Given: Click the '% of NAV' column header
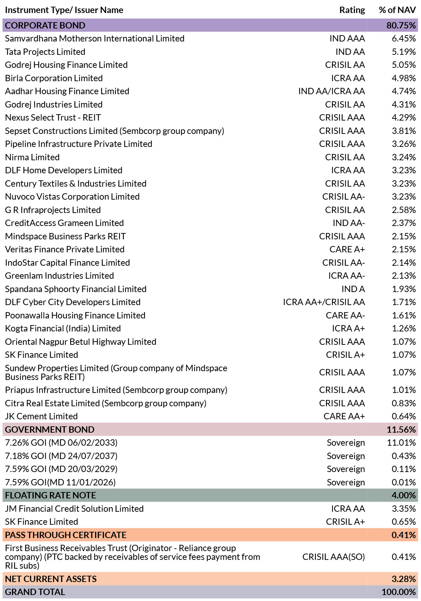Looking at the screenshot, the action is coord(397,10).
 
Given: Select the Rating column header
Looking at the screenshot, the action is coord(352,10).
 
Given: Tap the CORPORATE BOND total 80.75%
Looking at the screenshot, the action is coord(401,25).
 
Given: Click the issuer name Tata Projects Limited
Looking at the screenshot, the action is coord(45,52).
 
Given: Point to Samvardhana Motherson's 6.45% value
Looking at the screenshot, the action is coord(403,38).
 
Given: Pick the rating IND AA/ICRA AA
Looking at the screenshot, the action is coord(332,91).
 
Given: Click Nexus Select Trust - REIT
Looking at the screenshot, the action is coord(53,117).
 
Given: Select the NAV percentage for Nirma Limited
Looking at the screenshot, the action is coord(403,157).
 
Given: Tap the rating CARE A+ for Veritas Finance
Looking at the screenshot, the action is coord(347,249).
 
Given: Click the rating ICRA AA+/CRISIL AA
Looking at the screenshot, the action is coord(324,302).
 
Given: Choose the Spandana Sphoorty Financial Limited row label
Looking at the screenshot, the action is coord(76,289).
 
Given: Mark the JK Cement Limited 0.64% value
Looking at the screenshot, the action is coord(403,416).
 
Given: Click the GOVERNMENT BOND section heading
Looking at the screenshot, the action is coord(50,429).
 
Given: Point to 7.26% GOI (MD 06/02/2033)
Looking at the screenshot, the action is coord(61,443).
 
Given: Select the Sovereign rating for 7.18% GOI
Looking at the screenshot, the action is coord(346,456).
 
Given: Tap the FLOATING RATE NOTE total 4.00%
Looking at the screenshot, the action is coord(403,495).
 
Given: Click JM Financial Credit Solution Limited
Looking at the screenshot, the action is coord(74,509).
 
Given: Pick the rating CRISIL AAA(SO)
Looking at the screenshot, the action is coord(334,557).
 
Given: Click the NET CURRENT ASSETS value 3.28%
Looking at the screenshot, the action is coord(403,579).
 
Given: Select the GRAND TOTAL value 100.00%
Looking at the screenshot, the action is coord(399,592).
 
